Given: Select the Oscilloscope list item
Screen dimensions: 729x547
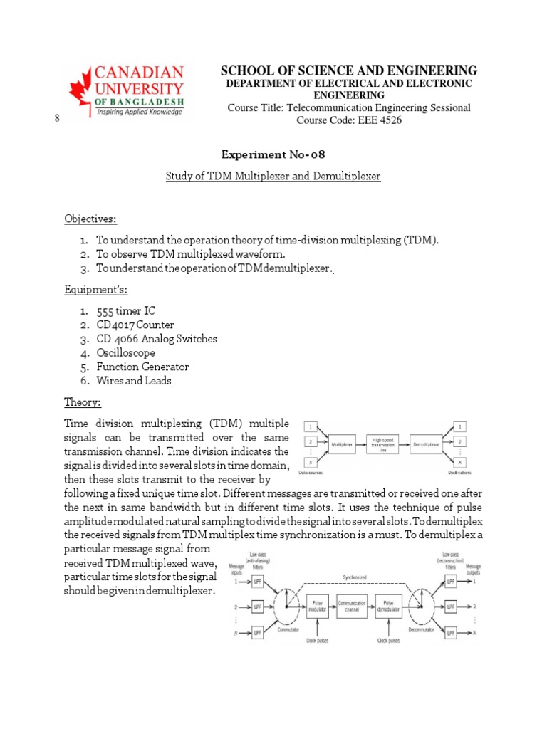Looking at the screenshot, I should point(126,353).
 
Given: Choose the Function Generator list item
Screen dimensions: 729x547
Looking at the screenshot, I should point(143,367).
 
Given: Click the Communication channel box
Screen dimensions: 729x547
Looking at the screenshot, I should point(353,606).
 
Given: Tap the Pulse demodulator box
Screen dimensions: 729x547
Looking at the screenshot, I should point(390,606).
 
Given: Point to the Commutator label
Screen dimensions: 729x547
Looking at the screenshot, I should point(268,629).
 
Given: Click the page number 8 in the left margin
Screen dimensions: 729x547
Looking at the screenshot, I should point(56,118).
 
